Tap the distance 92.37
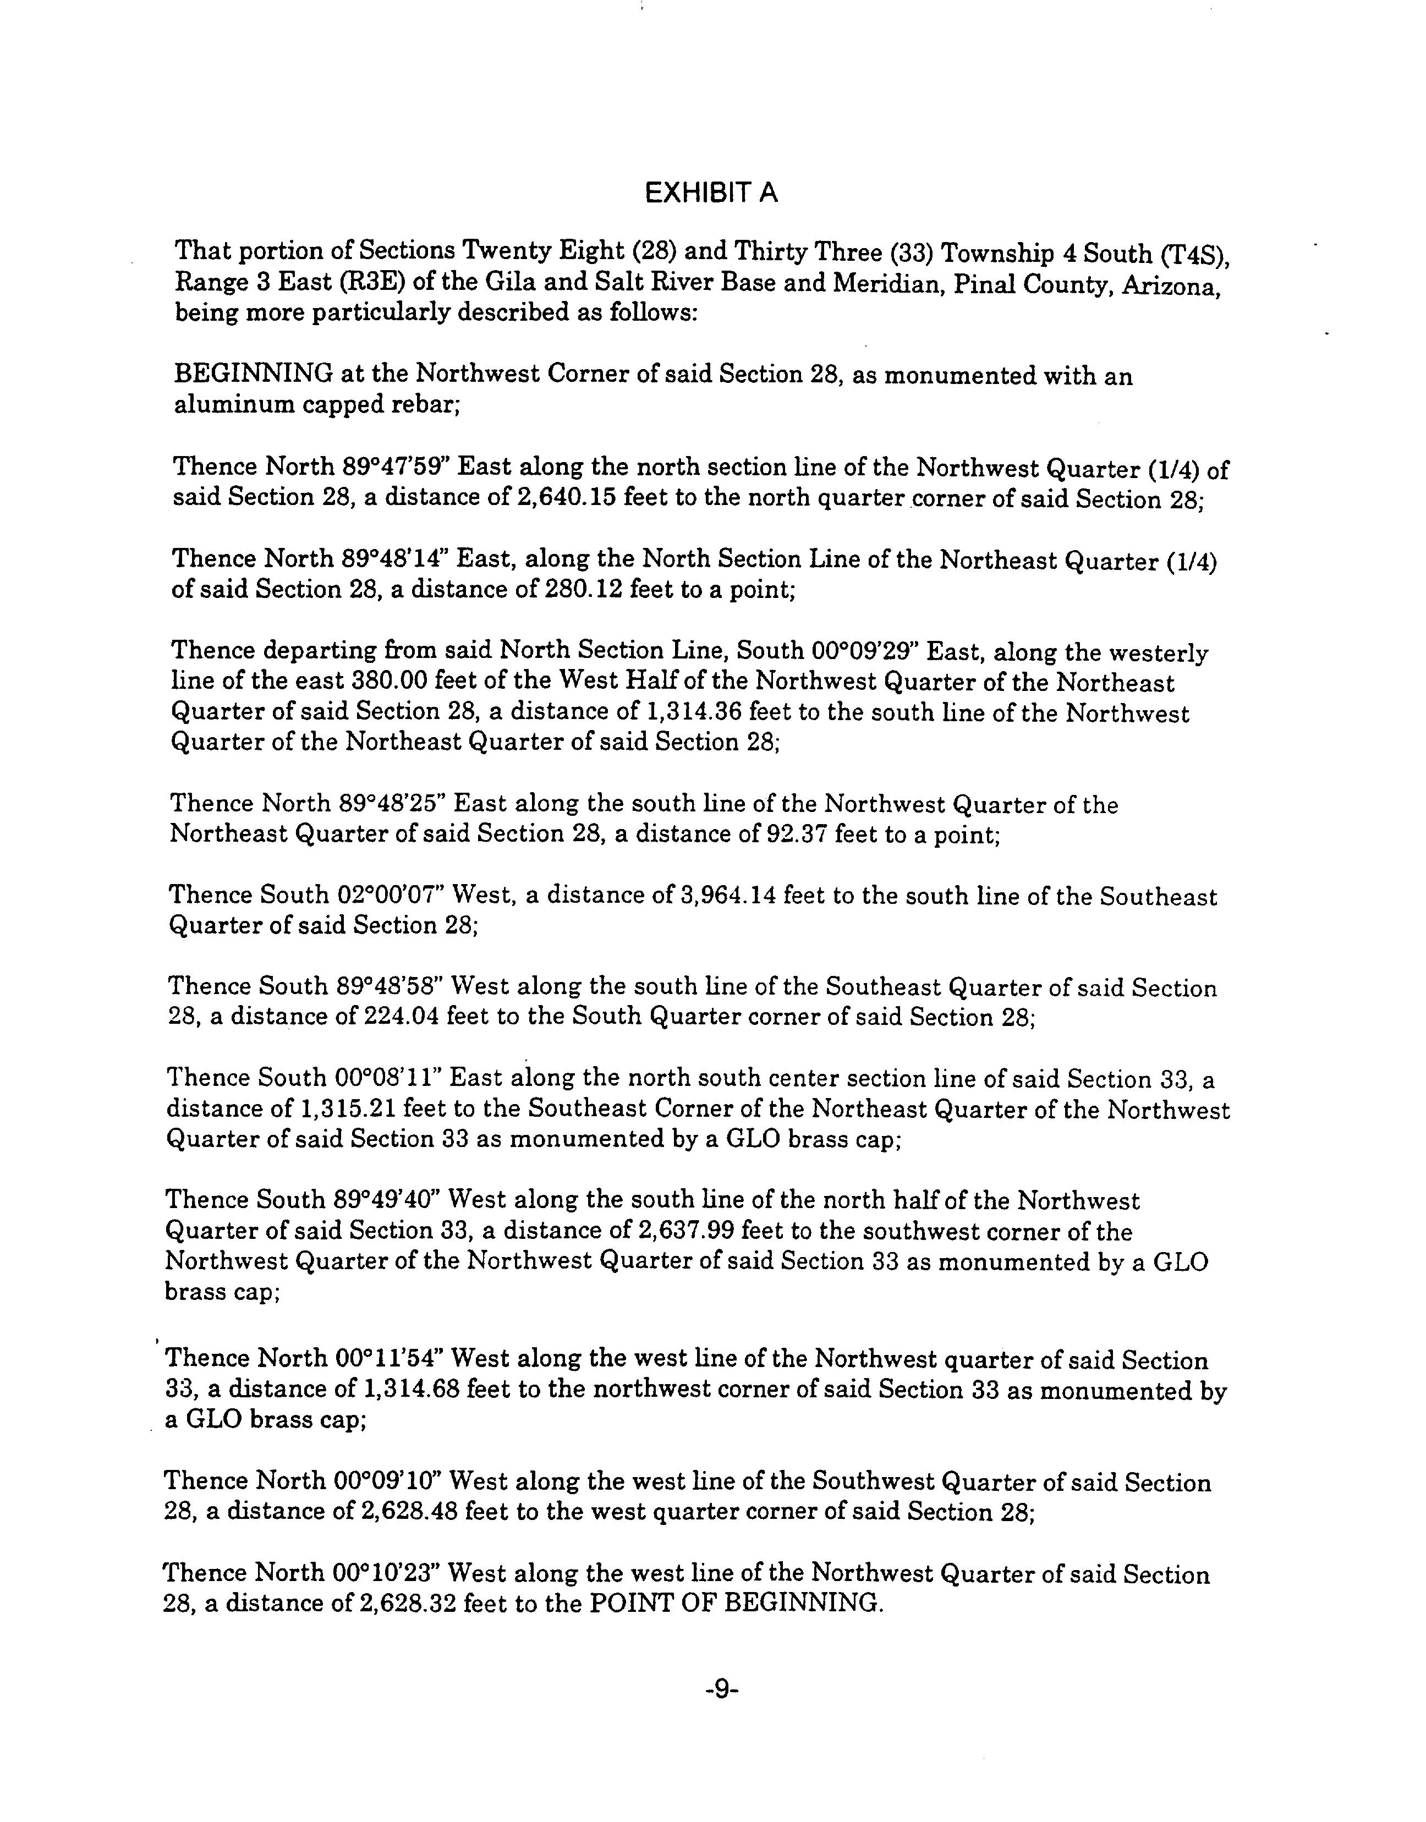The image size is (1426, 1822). pos(797,834)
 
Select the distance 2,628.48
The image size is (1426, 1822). pos(402,1512)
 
